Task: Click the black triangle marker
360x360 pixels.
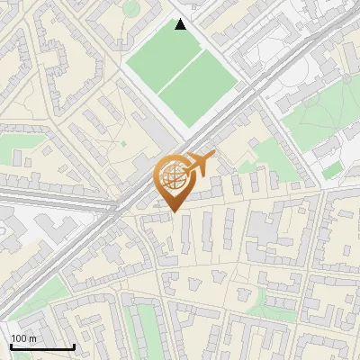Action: (x=181, y=24)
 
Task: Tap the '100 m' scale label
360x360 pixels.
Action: (x=23, y=338)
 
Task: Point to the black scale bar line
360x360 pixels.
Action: (x=42, y=346)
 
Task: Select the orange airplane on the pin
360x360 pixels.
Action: (x=200, y=165)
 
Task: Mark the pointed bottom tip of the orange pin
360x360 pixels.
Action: (x=174, y=211)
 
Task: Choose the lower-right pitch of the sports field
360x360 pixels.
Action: (x=200, y=94)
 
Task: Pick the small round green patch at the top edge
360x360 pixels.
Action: (x=132, y=7)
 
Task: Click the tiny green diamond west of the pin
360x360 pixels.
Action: (x=123, y=143)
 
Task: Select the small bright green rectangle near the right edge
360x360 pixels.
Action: (x=332, y=169)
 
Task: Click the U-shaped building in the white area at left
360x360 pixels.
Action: (x=13, y=230)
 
